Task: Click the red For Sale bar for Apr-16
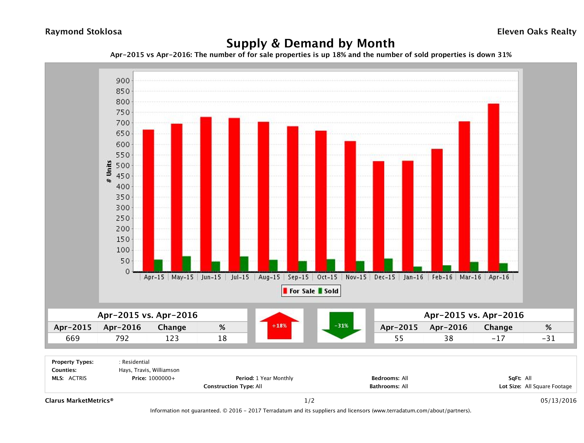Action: pos(493,187)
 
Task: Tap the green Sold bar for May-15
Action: pos(186,263)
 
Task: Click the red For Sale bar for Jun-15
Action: pos(206,194)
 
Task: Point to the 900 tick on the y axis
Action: pos(123,81)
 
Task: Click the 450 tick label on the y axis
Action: pos(123,176)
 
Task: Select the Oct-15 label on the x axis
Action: pos(327,277)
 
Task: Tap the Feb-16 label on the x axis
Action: pos(442,277)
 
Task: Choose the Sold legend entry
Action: pos(328,291)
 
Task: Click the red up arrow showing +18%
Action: pos(279,326)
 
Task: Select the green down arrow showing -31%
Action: pos(341,326)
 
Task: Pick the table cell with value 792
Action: pos(122,338)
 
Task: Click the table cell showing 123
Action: pos(172,338)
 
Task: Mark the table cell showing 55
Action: pos(399,338)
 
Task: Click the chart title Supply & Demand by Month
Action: pos(311,43)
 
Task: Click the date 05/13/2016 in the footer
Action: pos(558,400)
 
